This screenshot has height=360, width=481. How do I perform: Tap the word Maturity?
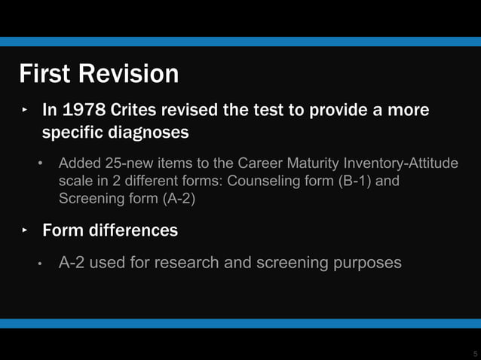pyautogui.click(x=306, y=163)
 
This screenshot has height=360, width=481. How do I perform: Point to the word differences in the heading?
pyautogui.click(x=133, y=230)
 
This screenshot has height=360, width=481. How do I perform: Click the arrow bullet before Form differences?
pyautogui.click(x=24, y=230)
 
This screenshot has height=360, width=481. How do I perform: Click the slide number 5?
pyautogui.click(x=475, y=352)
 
